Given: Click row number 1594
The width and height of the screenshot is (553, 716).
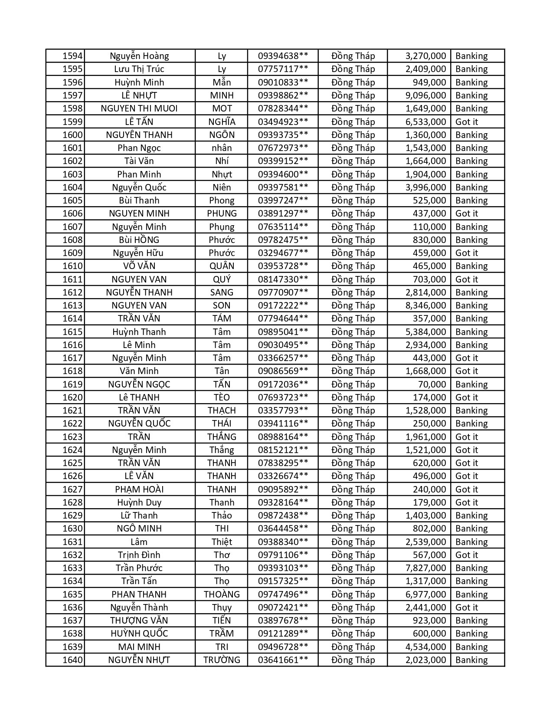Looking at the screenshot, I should pyautogui.click(x=72, y=56).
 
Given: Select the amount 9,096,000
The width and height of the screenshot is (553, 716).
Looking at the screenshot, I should pyautogui.click(x=425, y=95).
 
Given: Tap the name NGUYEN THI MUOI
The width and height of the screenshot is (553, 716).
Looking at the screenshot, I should pyautogui.click(x=139, y=108).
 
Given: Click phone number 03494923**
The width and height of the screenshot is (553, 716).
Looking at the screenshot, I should pyautogui.click(x=283, y=122).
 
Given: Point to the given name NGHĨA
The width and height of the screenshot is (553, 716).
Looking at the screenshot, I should pyautogui.click(x=222, y=122).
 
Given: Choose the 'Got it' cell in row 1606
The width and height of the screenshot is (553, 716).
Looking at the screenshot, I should pyautogui.click(x=466, y=213).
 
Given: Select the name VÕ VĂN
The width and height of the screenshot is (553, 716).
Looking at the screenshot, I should pyautogui.click(x=139, y=266).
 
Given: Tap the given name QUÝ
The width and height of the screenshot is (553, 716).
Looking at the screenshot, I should pyautogui.click(x=222, y=279).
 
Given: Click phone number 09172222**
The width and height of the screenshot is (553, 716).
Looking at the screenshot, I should pyautogui.click(x=283, y=305).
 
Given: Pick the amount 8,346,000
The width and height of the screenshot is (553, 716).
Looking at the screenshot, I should pyautogui.click(x=425, y=305).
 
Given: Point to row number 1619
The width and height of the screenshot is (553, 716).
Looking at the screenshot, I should pyautogui.click(x=72, y=384).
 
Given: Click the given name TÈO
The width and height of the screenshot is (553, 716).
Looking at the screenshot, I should pyautogui.click(x=222, y=397).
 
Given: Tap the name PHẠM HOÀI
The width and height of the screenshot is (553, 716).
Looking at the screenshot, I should pyautogui.click(x=139, y=489).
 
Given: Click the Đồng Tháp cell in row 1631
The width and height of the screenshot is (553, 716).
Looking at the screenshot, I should pyautogui.click(x=353, y=542).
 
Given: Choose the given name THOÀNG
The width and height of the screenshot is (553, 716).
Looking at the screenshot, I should pyautogui.click(x=222, y=594).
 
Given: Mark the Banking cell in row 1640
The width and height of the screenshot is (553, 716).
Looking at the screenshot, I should pyautogui.click(x=471, y=660).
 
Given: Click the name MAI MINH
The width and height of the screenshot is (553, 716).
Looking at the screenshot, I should pyautogui.click(x=139, y=647).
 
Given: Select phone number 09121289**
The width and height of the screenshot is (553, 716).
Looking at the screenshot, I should pyautogui.click(x=283, y=634).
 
